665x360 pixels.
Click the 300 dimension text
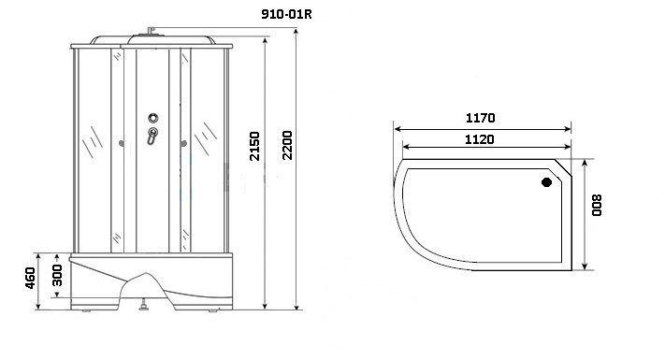click(x=58, y=278)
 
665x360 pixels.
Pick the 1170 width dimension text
click(x=480, y=119)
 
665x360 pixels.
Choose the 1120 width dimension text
click(x=480, y=139)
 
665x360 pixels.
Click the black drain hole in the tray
click(x=547, y=183)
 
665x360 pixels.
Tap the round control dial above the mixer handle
click(x=152, y=119)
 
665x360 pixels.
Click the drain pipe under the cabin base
click(x=143, y=304)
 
